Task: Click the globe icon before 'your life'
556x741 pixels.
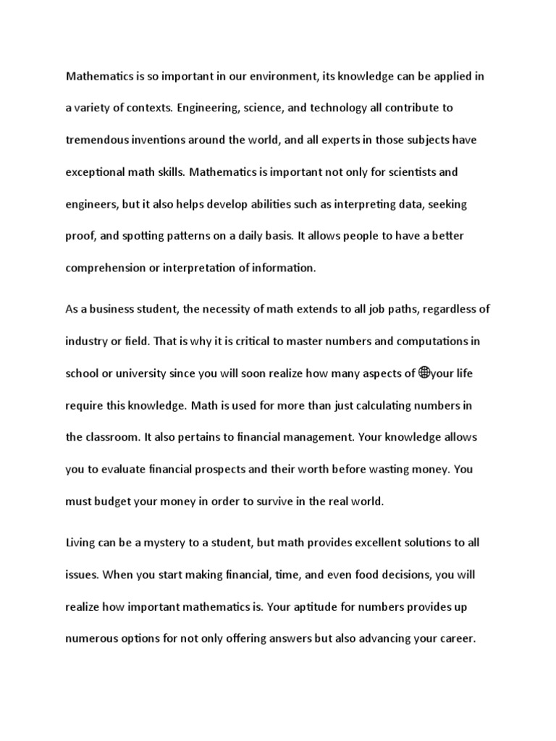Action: [x=424, y=373]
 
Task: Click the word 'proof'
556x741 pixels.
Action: [x=80, y=235]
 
